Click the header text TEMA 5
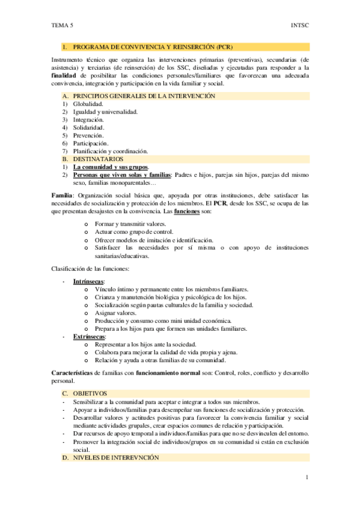pos(63,26)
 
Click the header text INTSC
pos(299,26)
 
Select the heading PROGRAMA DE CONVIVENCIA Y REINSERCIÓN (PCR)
pos(153,46)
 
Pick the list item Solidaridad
pos(89,127)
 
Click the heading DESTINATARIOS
pos(98,159)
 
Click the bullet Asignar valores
pos(115,313)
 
